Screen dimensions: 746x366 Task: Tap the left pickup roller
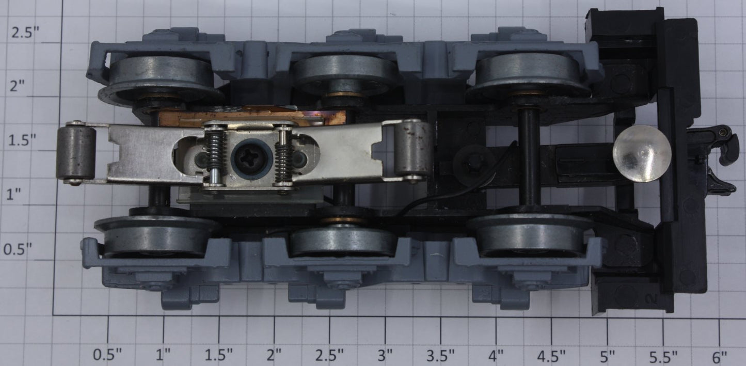(76, 153)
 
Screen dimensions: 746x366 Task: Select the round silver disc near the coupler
(642, 154)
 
